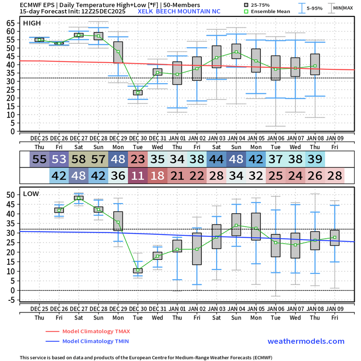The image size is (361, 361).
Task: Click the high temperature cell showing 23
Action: pos(138,158)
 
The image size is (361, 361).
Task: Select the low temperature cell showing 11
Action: pos(138,176)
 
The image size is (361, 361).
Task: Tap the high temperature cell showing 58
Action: pos(78,158)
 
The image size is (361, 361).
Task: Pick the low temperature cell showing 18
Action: pos(157,176)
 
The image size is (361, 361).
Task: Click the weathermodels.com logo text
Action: pos(306,341)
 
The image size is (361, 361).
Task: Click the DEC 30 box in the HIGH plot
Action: pos(138,92)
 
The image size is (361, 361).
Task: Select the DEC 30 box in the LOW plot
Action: pos(138,271)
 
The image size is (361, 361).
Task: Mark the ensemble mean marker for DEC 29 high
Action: pos(118,51)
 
